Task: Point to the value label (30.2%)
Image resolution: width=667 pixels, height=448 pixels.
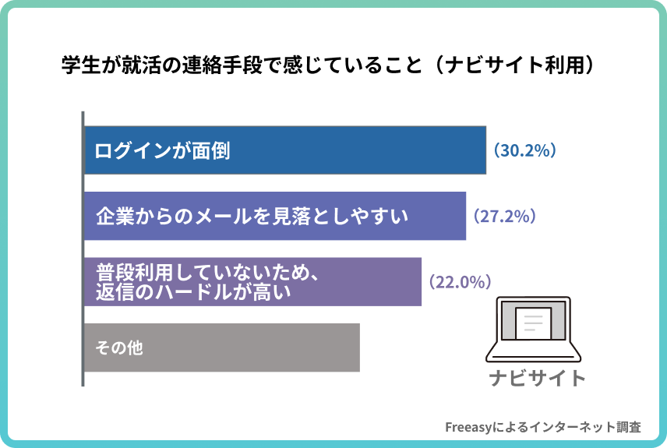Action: [523, 150]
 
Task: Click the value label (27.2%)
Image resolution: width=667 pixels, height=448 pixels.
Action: [502, 216]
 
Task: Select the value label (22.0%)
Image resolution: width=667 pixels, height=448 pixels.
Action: [457, 281]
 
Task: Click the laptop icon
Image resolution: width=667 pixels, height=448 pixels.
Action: [534, 329]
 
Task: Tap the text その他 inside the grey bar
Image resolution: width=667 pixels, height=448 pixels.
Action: [118, 347]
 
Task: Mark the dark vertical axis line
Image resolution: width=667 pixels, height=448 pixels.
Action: [82, 249]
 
